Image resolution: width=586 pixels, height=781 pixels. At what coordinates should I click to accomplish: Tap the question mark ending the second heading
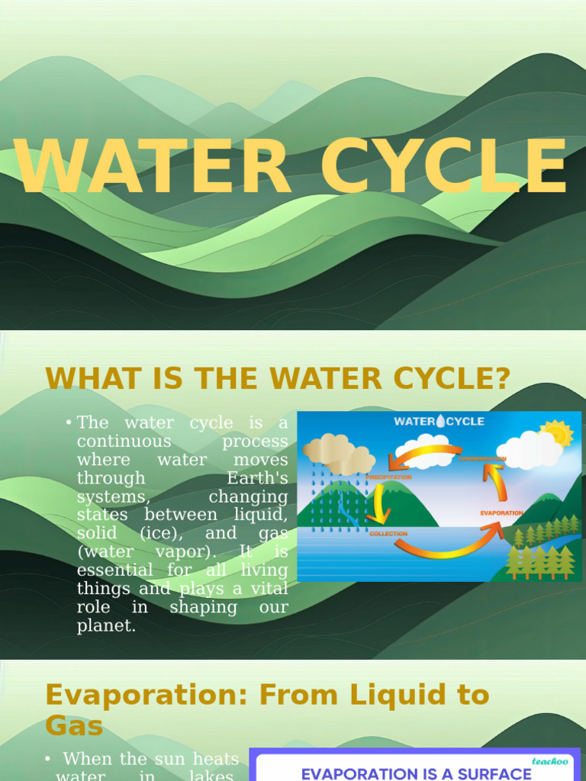[x=501, y=378]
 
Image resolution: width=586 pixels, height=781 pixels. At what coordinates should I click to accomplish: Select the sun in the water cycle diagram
[x=555, y=434]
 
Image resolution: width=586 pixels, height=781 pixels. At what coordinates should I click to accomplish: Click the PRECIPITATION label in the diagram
[x=388, y=477]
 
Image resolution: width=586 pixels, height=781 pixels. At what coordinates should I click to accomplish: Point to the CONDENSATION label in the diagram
[x=482, y=458]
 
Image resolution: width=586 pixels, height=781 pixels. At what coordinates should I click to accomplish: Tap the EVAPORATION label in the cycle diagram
[x=501, y=513]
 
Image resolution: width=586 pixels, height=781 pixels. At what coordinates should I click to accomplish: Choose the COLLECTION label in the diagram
[x=388, y=534]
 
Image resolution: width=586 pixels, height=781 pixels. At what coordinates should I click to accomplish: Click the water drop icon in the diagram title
[x=439, y=421]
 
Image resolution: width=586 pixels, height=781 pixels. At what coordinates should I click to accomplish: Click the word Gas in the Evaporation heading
[x=73, y=725]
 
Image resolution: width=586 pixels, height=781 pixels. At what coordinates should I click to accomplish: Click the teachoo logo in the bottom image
[x=549, y=760]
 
